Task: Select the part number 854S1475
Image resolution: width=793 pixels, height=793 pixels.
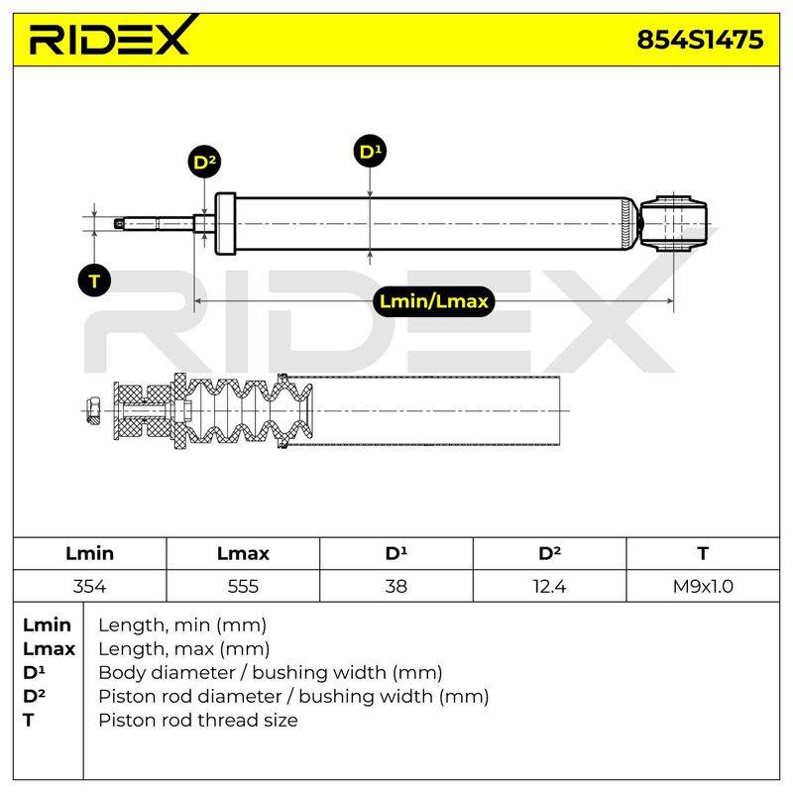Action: coord(700,40)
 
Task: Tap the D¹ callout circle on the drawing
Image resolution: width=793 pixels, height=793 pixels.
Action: coord(370,151)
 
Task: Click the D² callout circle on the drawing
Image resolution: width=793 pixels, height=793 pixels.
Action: coord(204,162)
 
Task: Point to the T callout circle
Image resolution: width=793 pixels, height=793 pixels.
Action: coord(94,281)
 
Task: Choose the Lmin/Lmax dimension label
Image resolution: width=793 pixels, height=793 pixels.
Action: coord(433,301)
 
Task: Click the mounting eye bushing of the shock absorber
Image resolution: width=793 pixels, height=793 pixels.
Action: coord(673,223)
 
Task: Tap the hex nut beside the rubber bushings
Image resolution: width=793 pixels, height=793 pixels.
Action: coord(92,410)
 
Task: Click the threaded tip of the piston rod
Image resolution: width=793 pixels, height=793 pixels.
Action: coord(120,223)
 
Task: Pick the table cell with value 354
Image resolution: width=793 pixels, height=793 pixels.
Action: coord(89,586)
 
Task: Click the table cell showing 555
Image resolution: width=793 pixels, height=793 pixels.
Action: coord(243,586)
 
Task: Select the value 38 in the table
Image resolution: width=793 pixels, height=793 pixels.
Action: coord(396,586)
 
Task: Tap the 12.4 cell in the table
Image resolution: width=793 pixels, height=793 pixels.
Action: coord(549,586)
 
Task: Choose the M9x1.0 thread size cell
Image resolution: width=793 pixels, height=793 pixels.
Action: coord(703,586)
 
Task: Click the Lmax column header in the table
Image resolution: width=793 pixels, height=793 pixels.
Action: coord(243,553)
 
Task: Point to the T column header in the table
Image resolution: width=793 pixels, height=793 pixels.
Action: coord(703,553)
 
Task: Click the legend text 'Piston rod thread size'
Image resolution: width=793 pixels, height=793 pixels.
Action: coord(198,720)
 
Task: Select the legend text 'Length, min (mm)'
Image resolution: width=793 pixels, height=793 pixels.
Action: coord(182,625)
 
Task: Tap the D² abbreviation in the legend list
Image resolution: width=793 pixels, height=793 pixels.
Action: coord(34,696)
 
